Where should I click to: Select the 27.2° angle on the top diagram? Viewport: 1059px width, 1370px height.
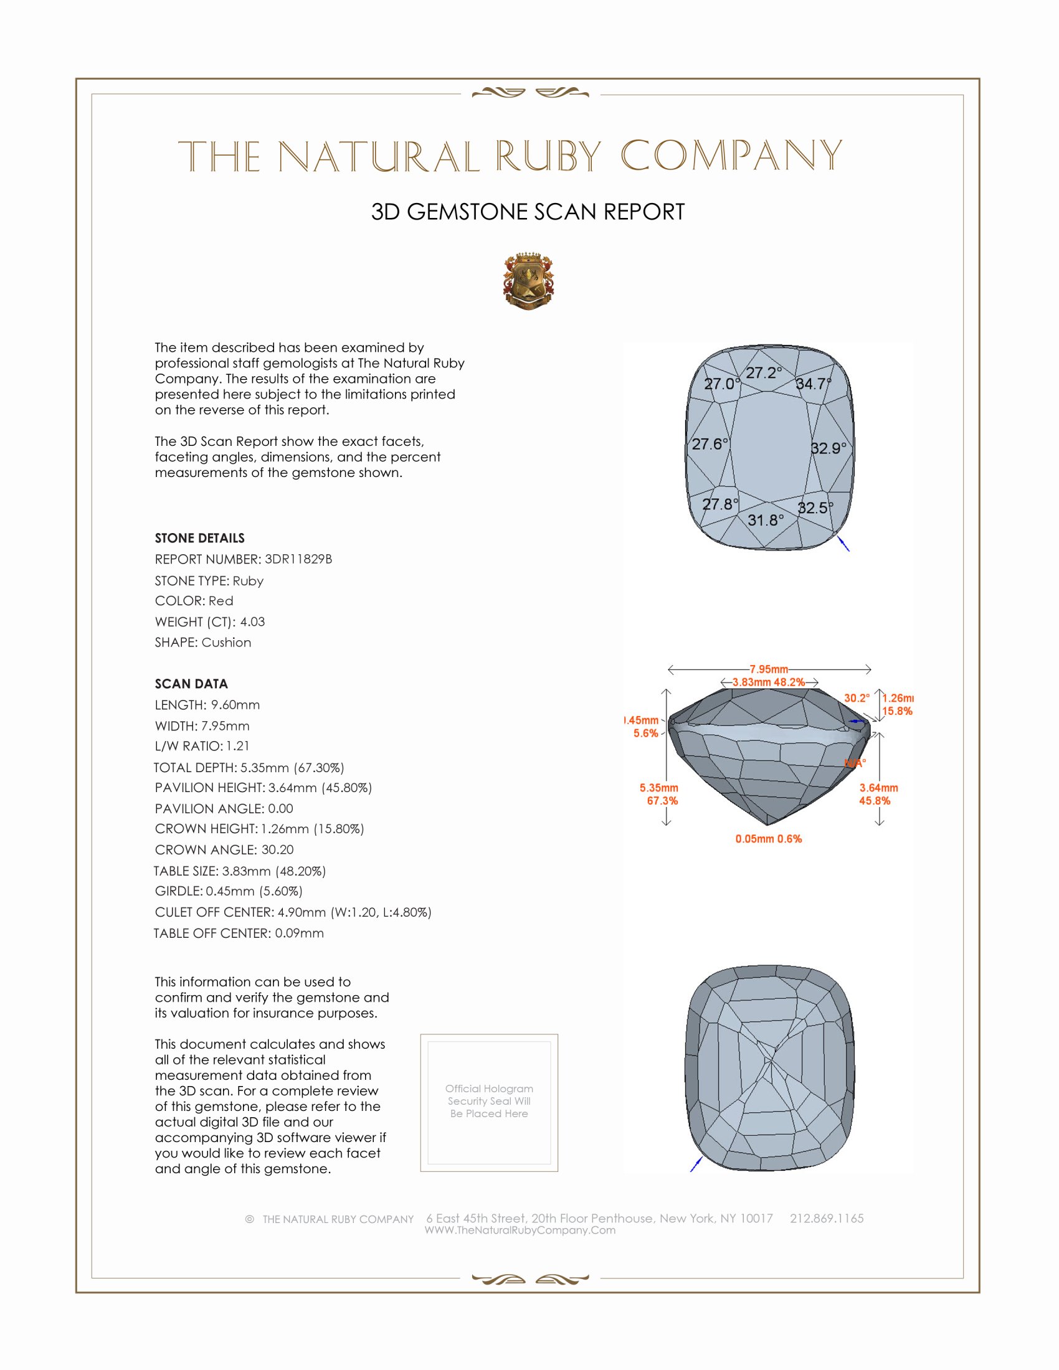click(764, 372)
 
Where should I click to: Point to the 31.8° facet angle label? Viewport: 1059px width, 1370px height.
click(766, 520)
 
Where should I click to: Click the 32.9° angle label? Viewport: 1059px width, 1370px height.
click(828, 448)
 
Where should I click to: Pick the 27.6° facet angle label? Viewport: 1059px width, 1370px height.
click(710, 444)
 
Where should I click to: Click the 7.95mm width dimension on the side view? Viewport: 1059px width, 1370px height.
click(769, 669)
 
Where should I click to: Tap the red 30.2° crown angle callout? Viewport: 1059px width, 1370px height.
click(857, 698)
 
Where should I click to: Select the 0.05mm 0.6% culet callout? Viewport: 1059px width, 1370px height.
click(769, 839)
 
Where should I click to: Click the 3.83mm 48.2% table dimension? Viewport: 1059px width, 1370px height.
click(769, 682)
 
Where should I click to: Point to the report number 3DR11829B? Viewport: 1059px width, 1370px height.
click(298, 559)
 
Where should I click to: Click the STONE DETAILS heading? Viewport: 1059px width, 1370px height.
click(199, 538)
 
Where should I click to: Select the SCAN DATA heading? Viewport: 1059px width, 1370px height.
click(191, 684)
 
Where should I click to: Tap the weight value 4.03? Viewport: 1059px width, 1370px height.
click(252, 621)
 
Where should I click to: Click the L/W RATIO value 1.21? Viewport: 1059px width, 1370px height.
click(238, 746)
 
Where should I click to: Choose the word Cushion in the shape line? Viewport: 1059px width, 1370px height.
click(227, 643)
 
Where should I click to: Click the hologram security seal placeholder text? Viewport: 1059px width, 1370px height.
click(489, 1101)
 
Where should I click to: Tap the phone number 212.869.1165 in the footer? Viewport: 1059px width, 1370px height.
click(826, 1218)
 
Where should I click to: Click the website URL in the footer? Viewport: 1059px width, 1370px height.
click(520, 1230)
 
